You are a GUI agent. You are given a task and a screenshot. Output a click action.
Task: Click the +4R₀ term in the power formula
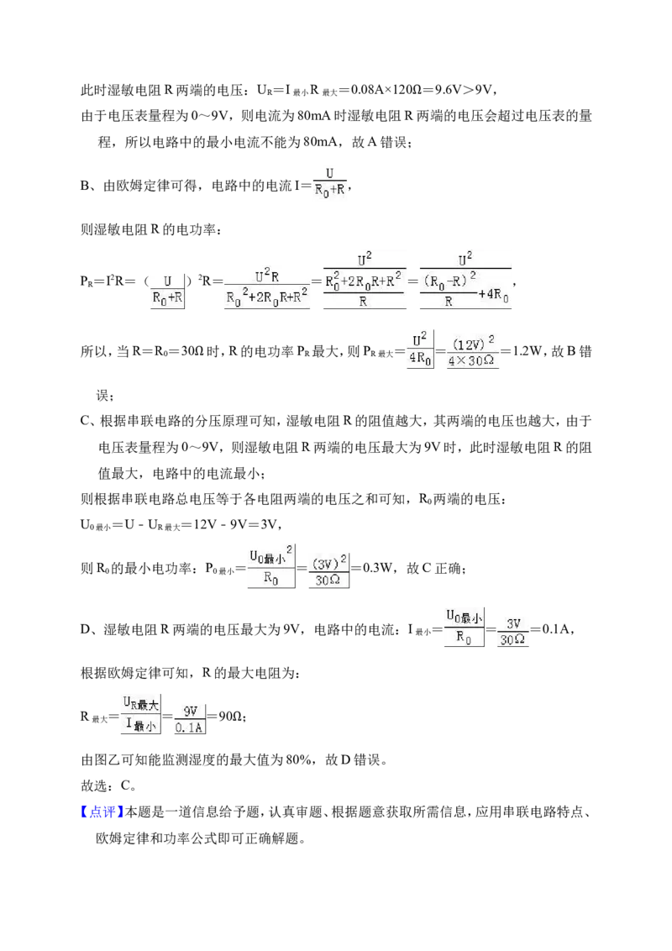(x=496, y=295)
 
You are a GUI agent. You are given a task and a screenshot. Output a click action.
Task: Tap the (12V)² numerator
(x=473, y=344)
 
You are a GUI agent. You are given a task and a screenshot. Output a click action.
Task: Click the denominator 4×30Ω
(x=472, y=361)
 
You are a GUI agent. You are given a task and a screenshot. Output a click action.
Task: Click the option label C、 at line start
(x=89, y=422)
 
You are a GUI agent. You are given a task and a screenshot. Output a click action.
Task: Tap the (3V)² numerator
(x=328, y=563)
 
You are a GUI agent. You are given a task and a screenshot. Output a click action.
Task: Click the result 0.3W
(x=379, y=568)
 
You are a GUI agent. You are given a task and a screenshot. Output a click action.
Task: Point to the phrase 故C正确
(x=434, y=568)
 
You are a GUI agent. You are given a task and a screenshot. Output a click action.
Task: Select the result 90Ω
(x=230, y=717)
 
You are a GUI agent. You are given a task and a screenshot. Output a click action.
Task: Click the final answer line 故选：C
(x=108, y=786)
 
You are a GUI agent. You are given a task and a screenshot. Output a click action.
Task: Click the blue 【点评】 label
(x=102, y=812)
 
